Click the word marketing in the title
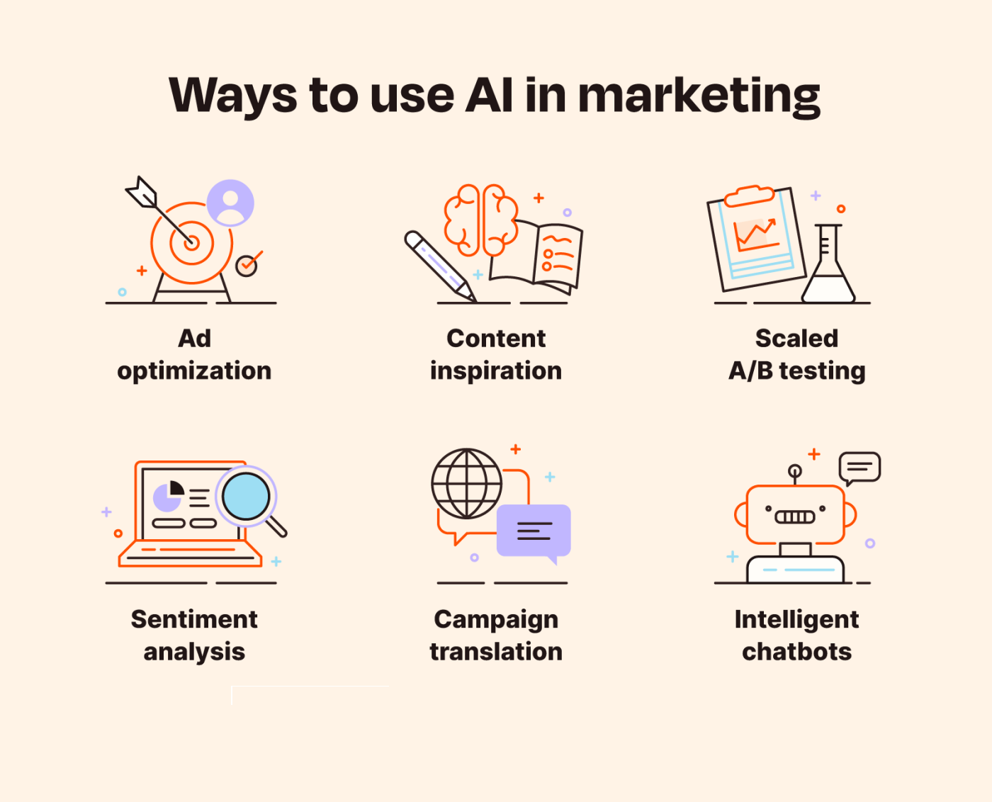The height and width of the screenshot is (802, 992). (x=699, y=96)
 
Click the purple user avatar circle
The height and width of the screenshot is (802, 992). (x=230, y=203)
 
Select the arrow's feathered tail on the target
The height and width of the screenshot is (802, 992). (x=141, y=192)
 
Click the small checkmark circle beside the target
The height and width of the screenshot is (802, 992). (x=247, y=266)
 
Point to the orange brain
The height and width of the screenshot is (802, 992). (x=481, y=220)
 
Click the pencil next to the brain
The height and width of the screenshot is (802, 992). (x=439, y=266)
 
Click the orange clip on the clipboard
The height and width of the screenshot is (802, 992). (x=750, y=196)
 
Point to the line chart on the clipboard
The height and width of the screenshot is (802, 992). (x=756, y=235)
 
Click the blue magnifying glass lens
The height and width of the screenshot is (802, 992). (x=246, y=496)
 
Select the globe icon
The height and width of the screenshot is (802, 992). (x=467, y=483)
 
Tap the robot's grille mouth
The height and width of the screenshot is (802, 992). (x=795, y=517)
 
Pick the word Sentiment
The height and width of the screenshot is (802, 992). (x=194, y=619)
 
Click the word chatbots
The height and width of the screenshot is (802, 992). (x=797, y=652)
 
